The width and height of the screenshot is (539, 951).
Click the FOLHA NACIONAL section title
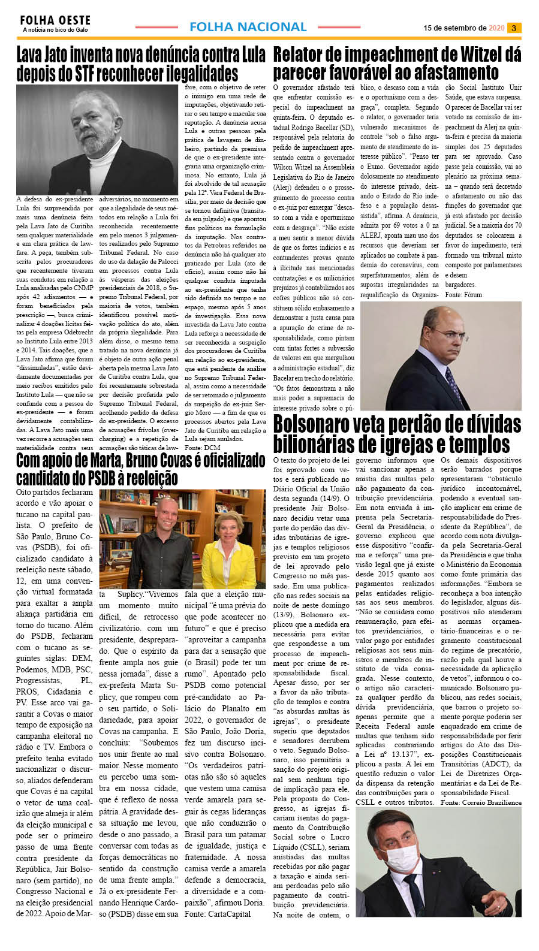[248, 27]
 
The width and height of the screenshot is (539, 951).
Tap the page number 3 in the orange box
[514, 28]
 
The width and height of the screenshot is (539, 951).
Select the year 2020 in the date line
[496, 28]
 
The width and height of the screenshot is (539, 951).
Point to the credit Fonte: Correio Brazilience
[481, 802]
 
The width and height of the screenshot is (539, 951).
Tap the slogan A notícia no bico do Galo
[55, 30]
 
